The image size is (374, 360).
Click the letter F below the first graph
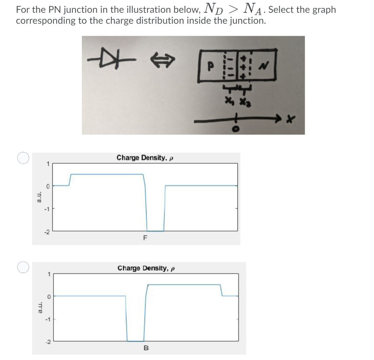click(145, 239)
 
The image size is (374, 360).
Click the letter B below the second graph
click(146, 348)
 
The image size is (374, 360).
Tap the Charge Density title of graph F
click(144, 158)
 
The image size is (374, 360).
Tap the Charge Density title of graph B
click(145, 268)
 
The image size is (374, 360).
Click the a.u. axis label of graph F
click(39, 197)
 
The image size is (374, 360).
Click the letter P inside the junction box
click(210, 66)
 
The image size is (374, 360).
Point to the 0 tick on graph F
click(47, 185)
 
